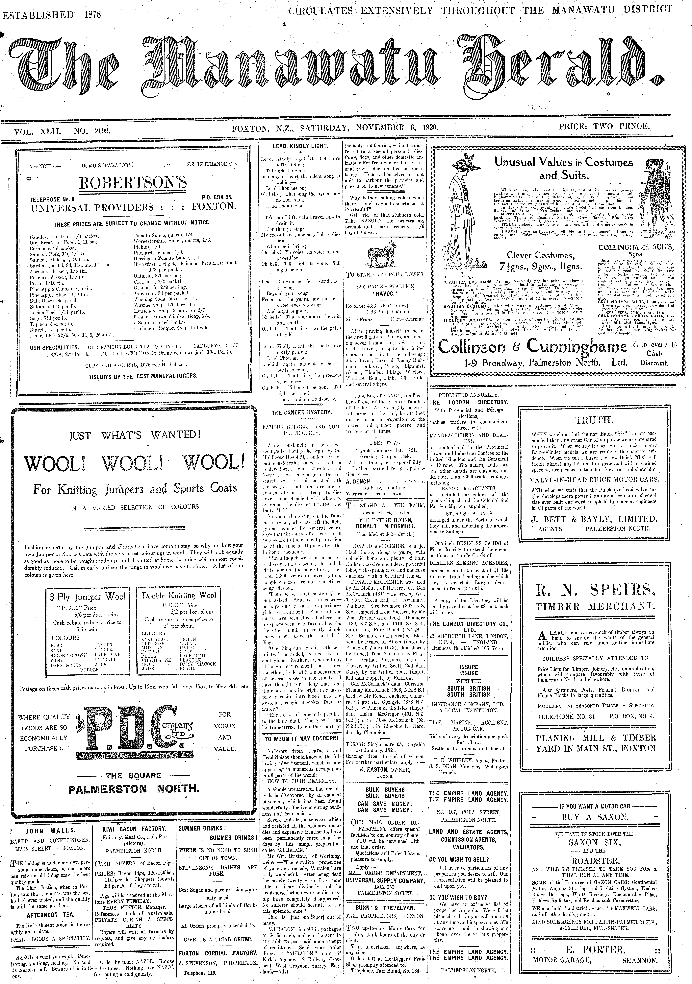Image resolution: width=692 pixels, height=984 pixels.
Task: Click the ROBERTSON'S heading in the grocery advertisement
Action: tap(133, 183)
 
